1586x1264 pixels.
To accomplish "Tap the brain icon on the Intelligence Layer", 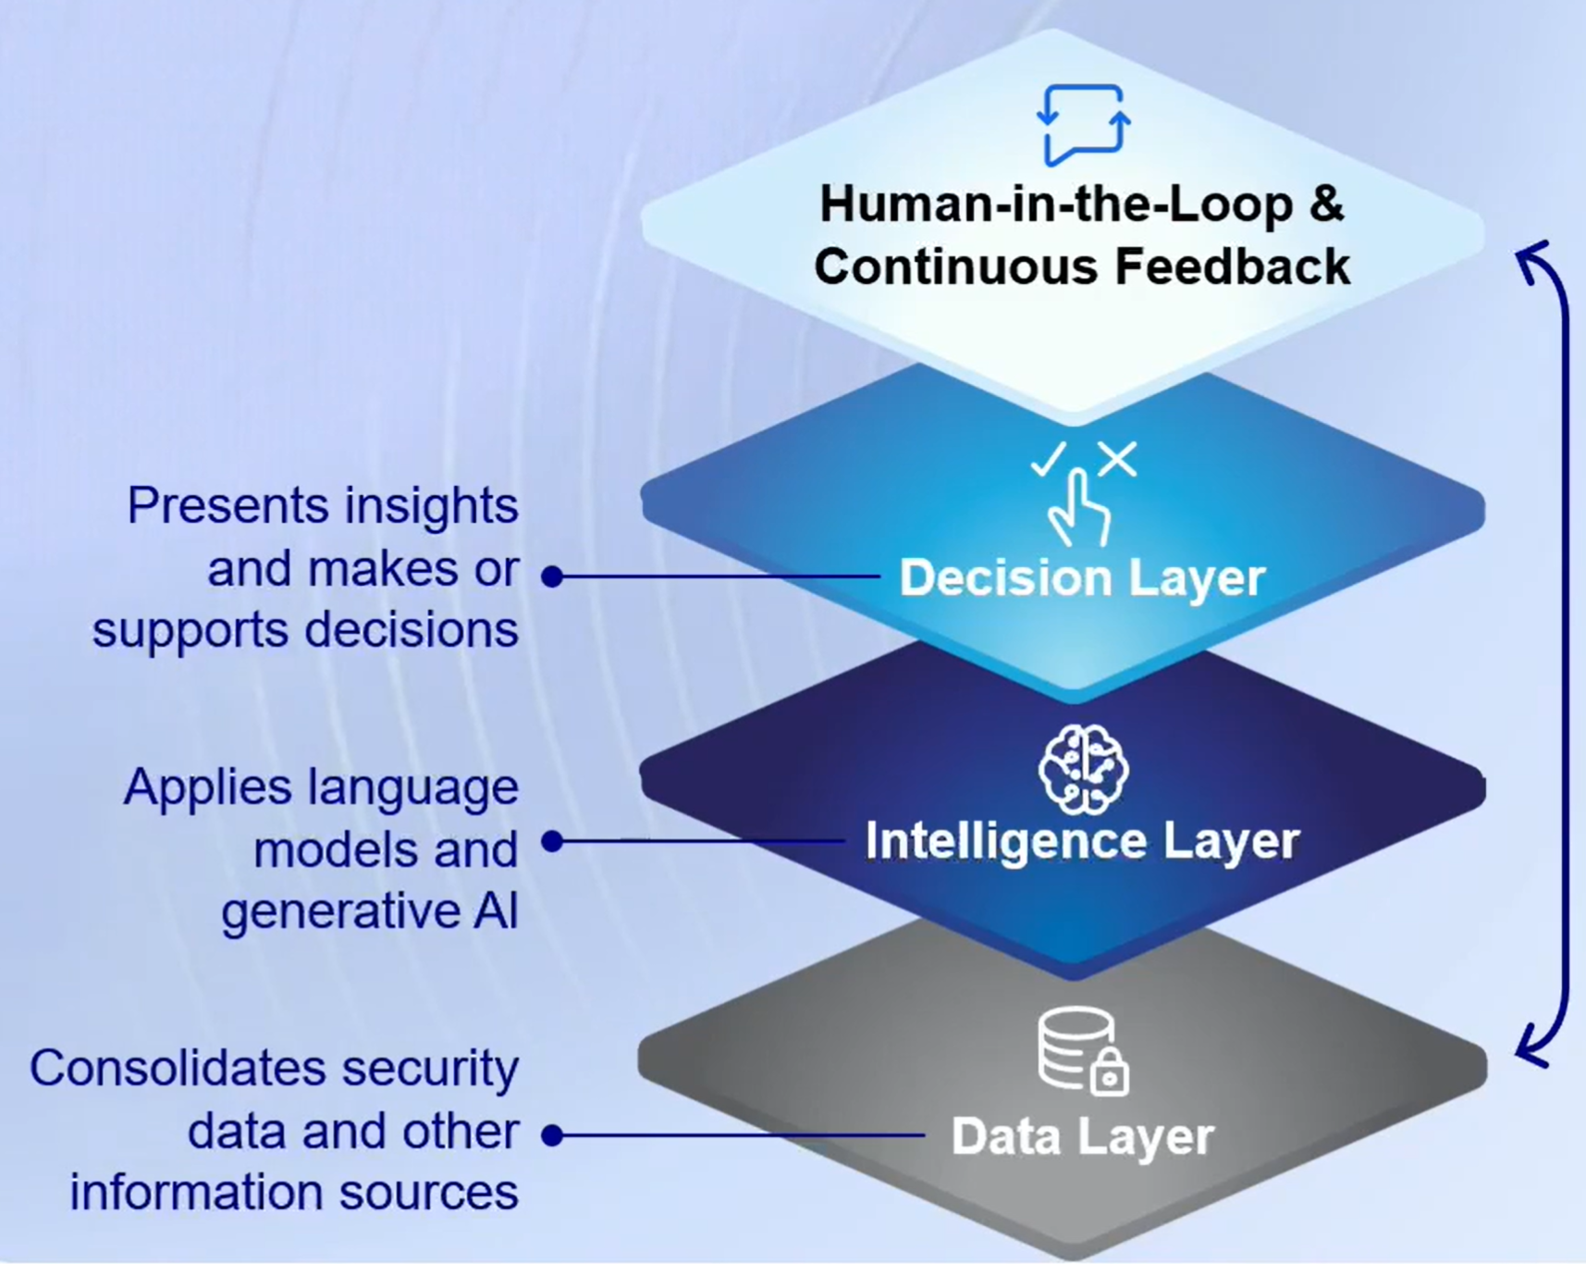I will point(1083,770).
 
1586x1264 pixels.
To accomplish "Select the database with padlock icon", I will point(1083,1051).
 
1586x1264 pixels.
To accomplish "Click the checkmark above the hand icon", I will point(1049,459).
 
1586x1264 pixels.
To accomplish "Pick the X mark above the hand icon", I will point(1118,459).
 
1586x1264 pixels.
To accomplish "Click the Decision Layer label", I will point(1082,578).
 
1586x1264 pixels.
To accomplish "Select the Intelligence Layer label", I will point(1082,841).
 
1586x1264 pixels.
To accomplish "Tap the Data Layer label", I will point(1082,1136).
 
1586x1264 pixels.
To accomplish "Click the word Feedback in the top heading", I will point(1232,266).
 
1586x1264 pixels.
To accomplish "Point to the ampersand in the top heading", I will point(1326,204).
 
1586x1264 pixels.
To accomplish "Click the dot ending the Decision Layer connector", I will point(552,576).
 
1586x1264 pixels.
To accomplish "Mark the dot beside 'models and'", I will point(552,841).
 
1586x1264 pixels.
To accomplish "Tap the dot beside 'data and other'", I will point(552,1135).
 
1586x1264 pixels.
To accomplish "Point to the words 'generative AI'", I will point(369,911).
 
